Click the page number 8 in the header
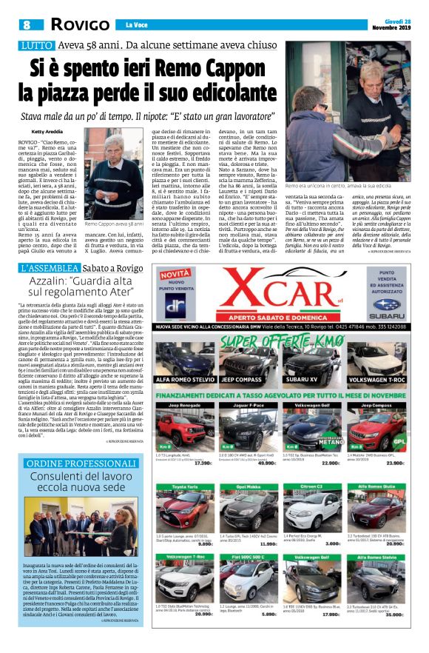pos(24,24)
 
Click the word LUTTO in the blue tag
pos(36,46)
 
